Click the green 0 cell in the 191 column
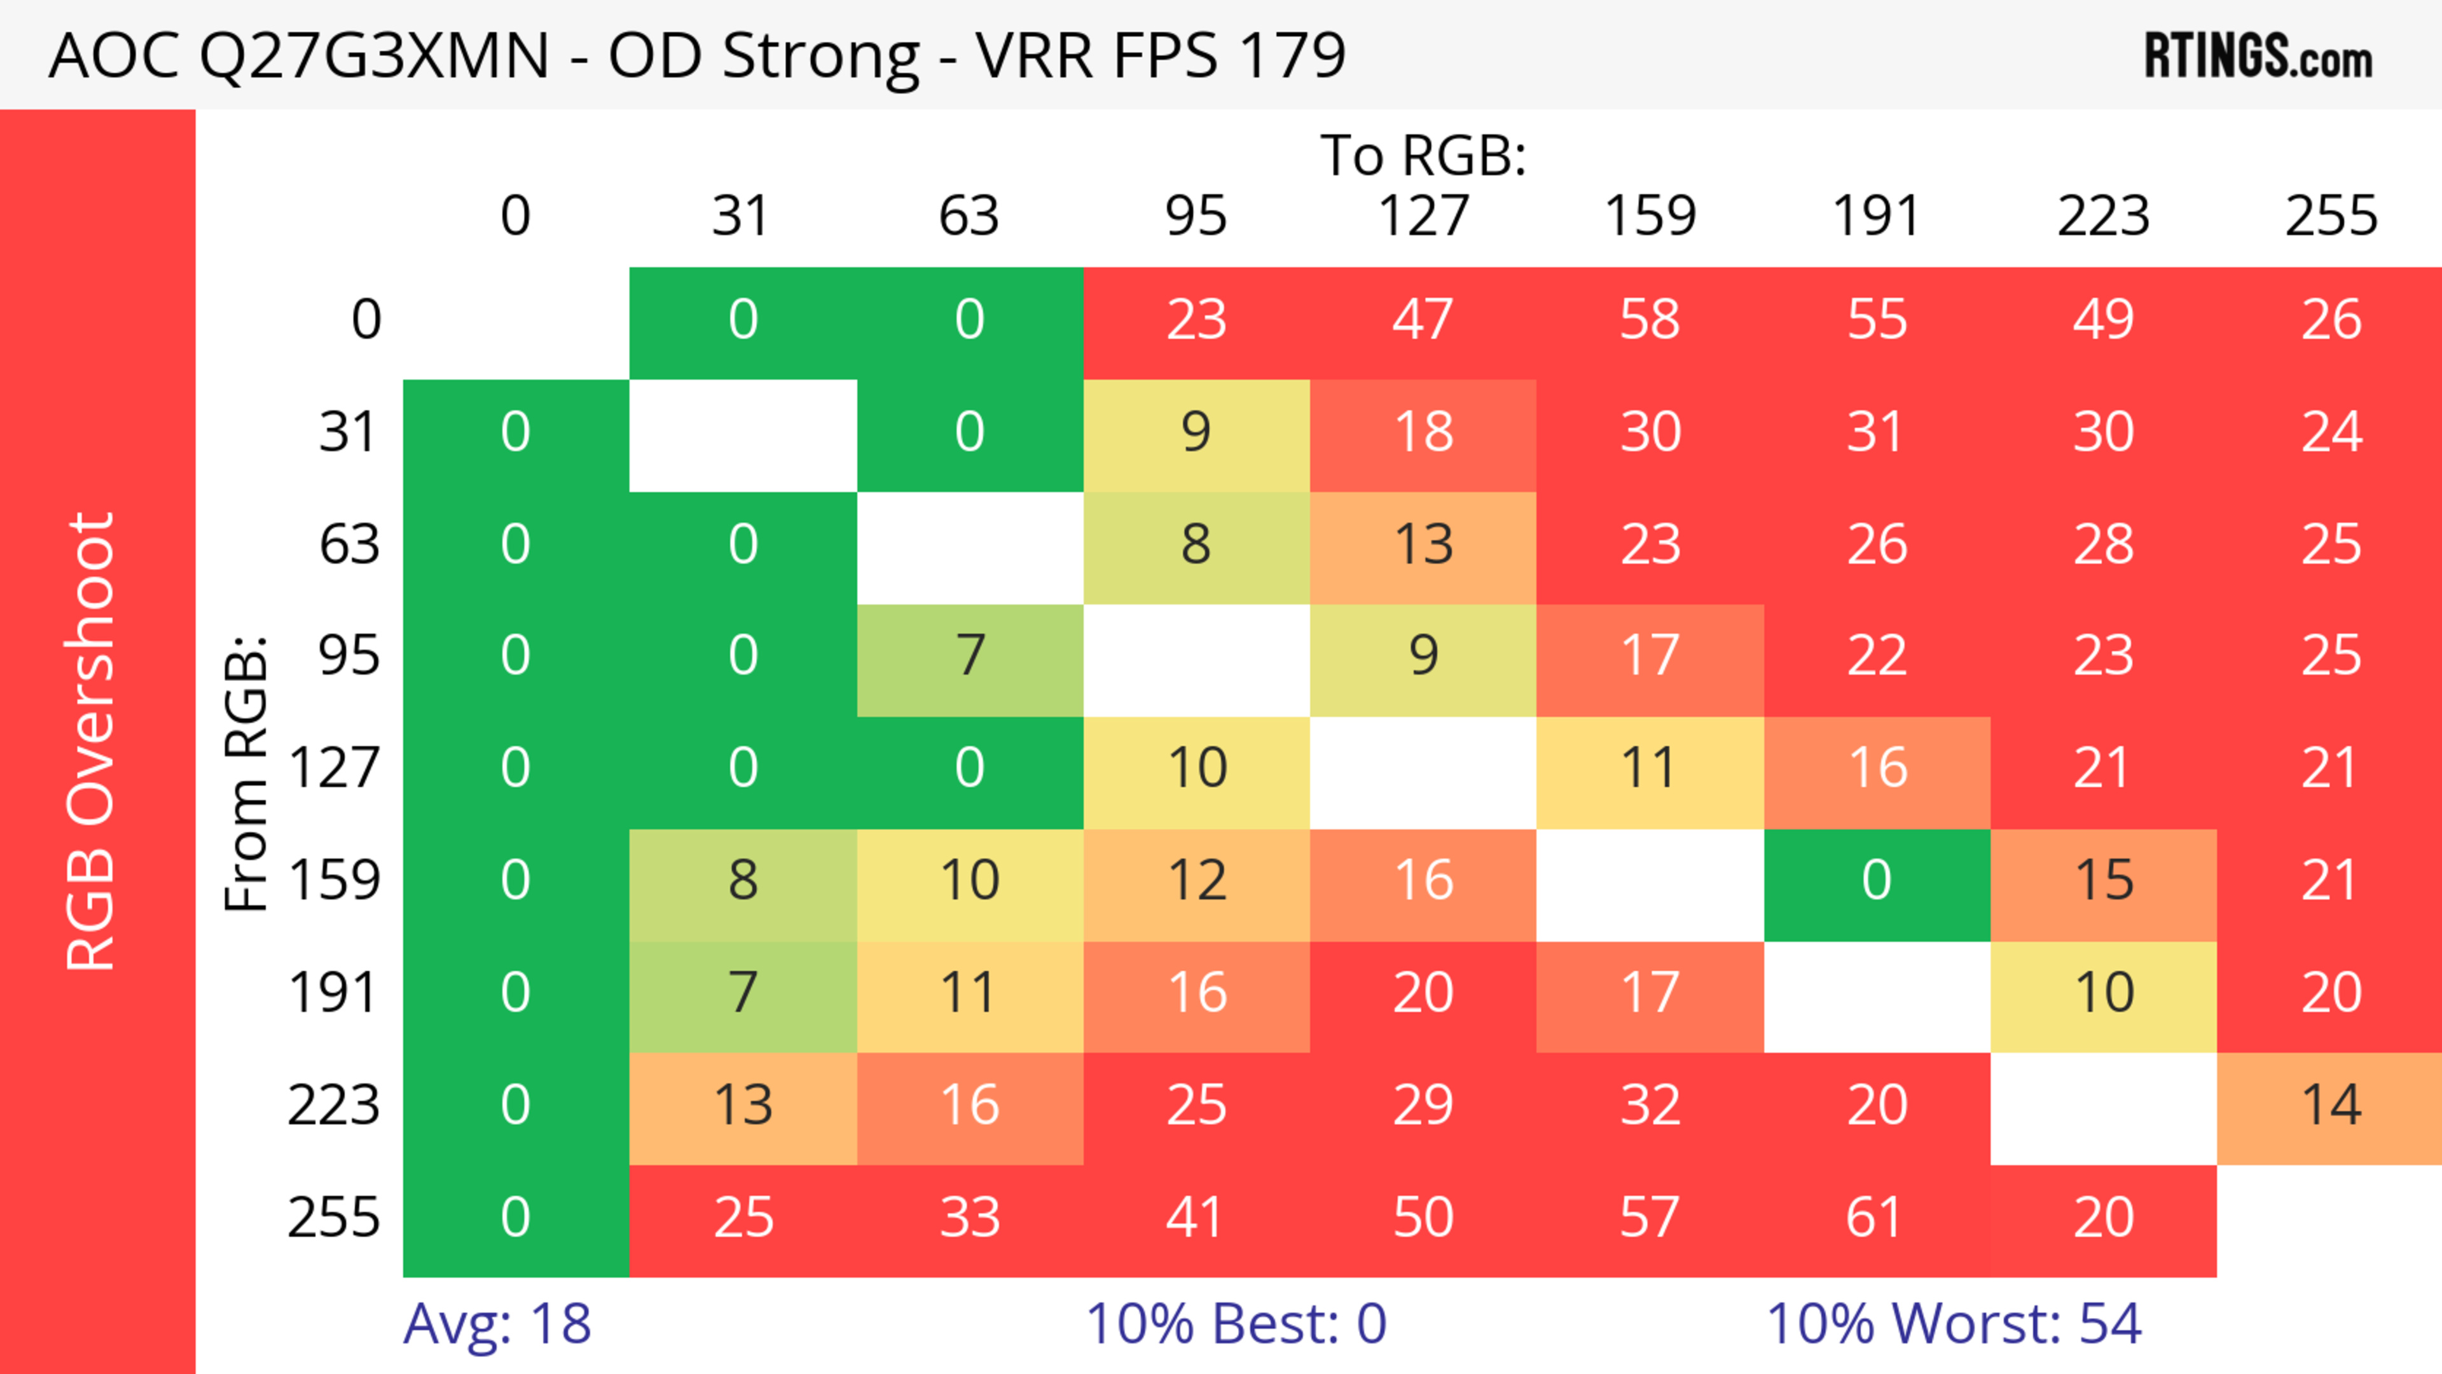[1876, 881]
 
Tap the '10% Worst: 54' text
[1953, 1324]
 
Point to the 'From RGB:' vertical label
[247, 773]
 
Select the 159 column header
[1650, 216]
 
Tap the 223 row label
[334, 1106]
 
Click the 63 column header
[969, 216]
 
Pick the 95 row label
[349, 656]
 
